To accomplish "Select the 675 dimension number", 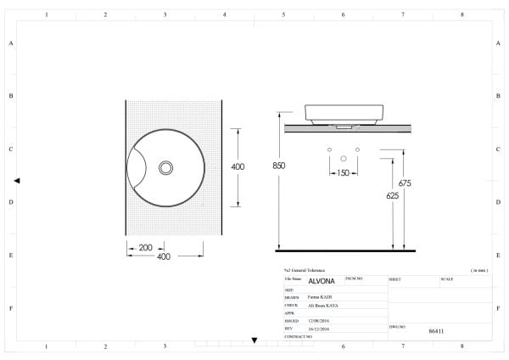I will click(405, 183).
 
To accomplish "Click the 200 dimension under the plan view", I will click(145, 247).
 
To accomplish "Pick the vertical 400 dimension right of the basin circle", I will click(238, 166).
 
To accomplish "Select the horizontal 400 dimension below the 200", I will click(164, 256).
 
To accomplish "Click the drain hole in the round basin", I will click(165, 166).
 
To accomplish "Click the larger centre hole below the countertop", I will click(344, 158).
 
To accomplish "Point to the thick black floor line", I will click(346, 251).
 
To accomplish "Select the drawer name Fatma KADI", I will click(320, 297).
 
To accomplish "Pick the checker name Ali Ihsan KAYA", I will click(323, 305).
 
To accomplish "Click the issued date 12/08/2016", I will click(320, 321).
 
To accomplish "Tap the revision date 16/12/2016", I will click(320, 329).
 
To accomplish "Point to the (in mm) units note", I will click(478, 270).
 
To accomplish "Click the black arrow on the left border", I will click(17, 181).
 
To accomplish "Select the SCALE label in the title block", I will click(447, 278).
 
